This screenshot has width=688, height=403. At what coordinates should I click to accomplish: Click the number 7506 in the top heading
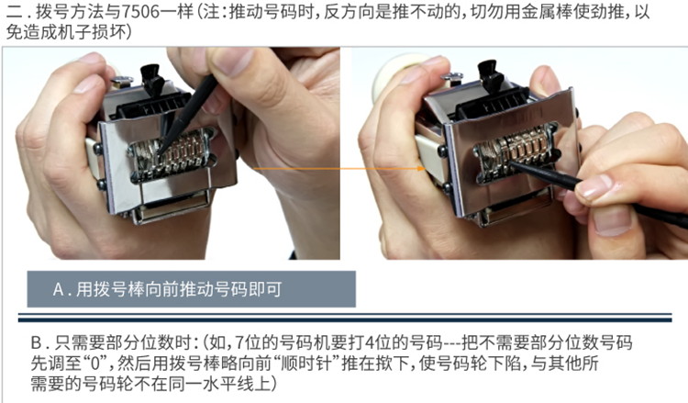140,12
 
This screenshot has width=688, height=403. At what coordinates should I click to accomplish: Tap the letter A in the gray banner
59,290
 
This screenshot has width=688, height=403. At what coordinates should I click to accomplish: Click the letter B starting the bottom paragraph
36,342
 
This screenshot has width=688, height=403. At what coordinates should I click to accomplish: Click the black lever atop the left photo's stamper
151,79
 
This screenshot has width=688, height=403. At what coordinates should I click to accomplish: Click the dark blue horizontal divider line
345,318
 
